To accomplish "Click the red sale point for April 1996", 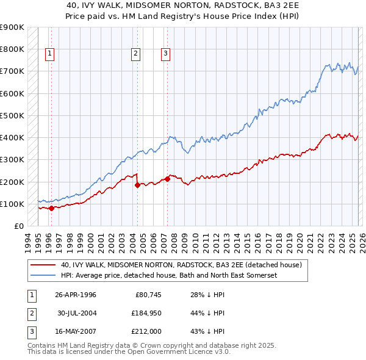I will click(x=51, y=208).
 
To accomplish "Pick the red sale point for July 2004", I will click(x=137, y=185).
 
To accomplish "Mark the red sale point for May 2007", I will click(x=167, y=179).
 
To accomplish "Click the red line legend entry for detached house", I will click(x=181, y=265).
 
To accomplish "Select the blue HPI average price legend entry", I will click(x=169, y=276).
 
